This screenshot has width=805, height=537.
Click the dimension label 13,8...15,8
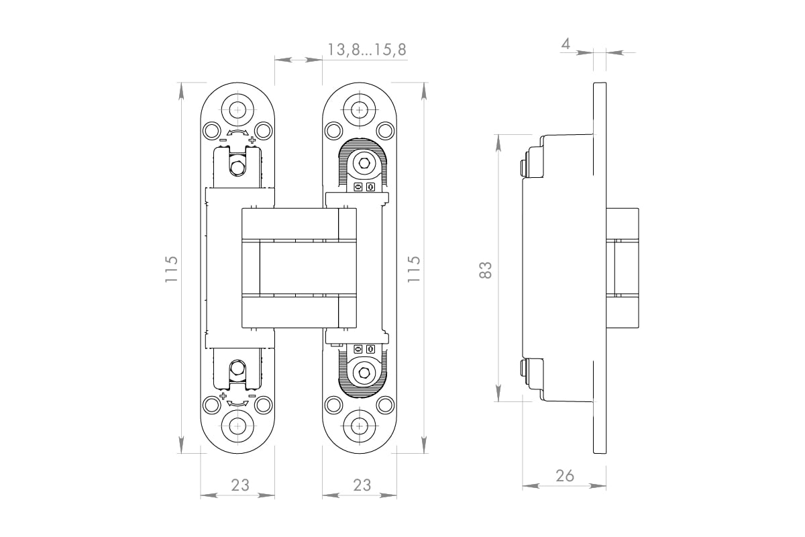366,50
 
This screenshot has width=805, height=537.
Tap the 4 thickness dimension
566,44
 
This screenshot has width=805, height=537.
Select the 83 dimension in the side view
486,269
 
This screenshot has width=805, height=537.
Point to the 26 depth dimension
565,475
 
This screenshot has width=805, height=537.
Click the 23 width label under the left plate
240,485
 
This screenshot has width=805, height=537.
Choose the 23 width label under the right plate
362,485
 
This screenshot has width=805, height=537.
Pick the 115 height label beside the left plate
172,268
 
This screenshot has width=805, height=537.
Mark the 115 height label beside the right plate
414,268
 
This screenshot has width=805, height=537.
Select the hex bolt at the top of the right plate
363,163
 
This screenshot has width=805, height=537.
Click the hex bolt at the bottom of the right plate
363,373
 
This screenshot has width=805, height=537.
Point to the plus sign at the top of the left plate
252,140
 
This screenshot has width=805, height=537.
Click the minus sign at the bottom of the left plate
252,396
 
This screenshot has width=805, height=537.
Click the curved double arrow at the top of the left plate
237,134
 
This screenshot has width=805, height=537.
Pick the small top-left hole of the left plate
211,129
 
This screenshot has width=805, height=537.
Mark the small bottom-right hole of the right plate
385,405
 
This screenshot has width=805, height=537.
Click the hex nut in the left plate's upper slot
237,166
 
